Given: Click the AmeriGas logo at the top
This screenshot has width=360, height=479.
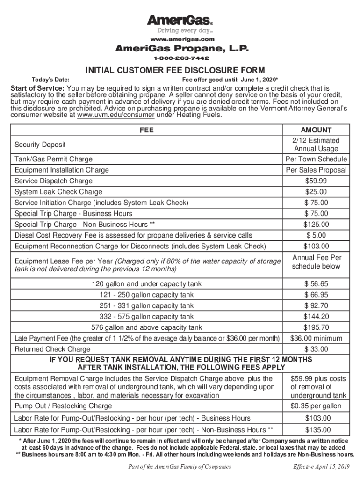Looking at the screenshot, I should point(180,21).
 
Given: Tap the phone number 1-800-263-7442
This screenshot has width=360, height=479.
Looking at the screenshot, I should point(180,58).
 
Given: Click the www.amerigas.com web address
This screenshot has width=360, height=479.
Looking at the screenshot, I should point(180,39).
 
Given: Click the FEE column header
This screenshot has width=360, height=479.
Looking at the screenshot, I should point(147,130).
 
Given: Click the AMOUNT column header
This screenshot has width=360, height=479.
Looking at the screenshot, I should point(316,130).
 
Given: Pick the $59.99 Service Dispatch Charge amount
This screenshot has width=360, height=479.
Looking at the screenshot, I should point(316,181).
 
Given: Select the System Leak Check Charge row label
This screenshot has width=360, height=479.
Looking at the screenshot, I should point(58,192).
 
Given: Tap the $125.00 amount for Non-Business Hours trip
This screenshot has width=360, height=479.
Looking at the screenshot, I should point(316,225).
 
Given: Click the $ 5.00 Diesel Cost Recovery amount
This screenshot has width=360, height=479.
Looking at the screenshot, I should point(316,235).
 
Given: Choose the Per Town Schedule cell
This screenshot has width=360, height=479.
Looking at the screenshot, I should point(316,159).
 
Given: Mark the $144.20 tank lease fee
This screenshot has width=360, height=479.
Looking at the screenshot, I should point(316,317).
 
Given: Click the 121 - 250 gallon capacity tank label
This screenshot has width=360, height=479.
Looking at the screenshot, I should point(147,295).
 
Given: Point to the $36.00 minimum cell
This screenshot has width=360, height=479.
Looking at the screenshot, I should point(316,338).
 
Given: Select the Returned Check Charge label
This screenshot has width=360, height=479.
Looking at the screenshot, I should point(53,349).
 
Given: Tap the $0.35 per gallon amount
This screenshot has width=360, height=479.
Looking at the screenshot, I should point(316,406).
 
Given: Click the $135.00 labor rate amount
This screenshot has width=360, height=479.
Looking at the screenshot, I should point(316,430).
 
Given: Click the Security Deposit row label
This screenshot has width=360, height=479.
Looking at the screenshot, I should point(40,145).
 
